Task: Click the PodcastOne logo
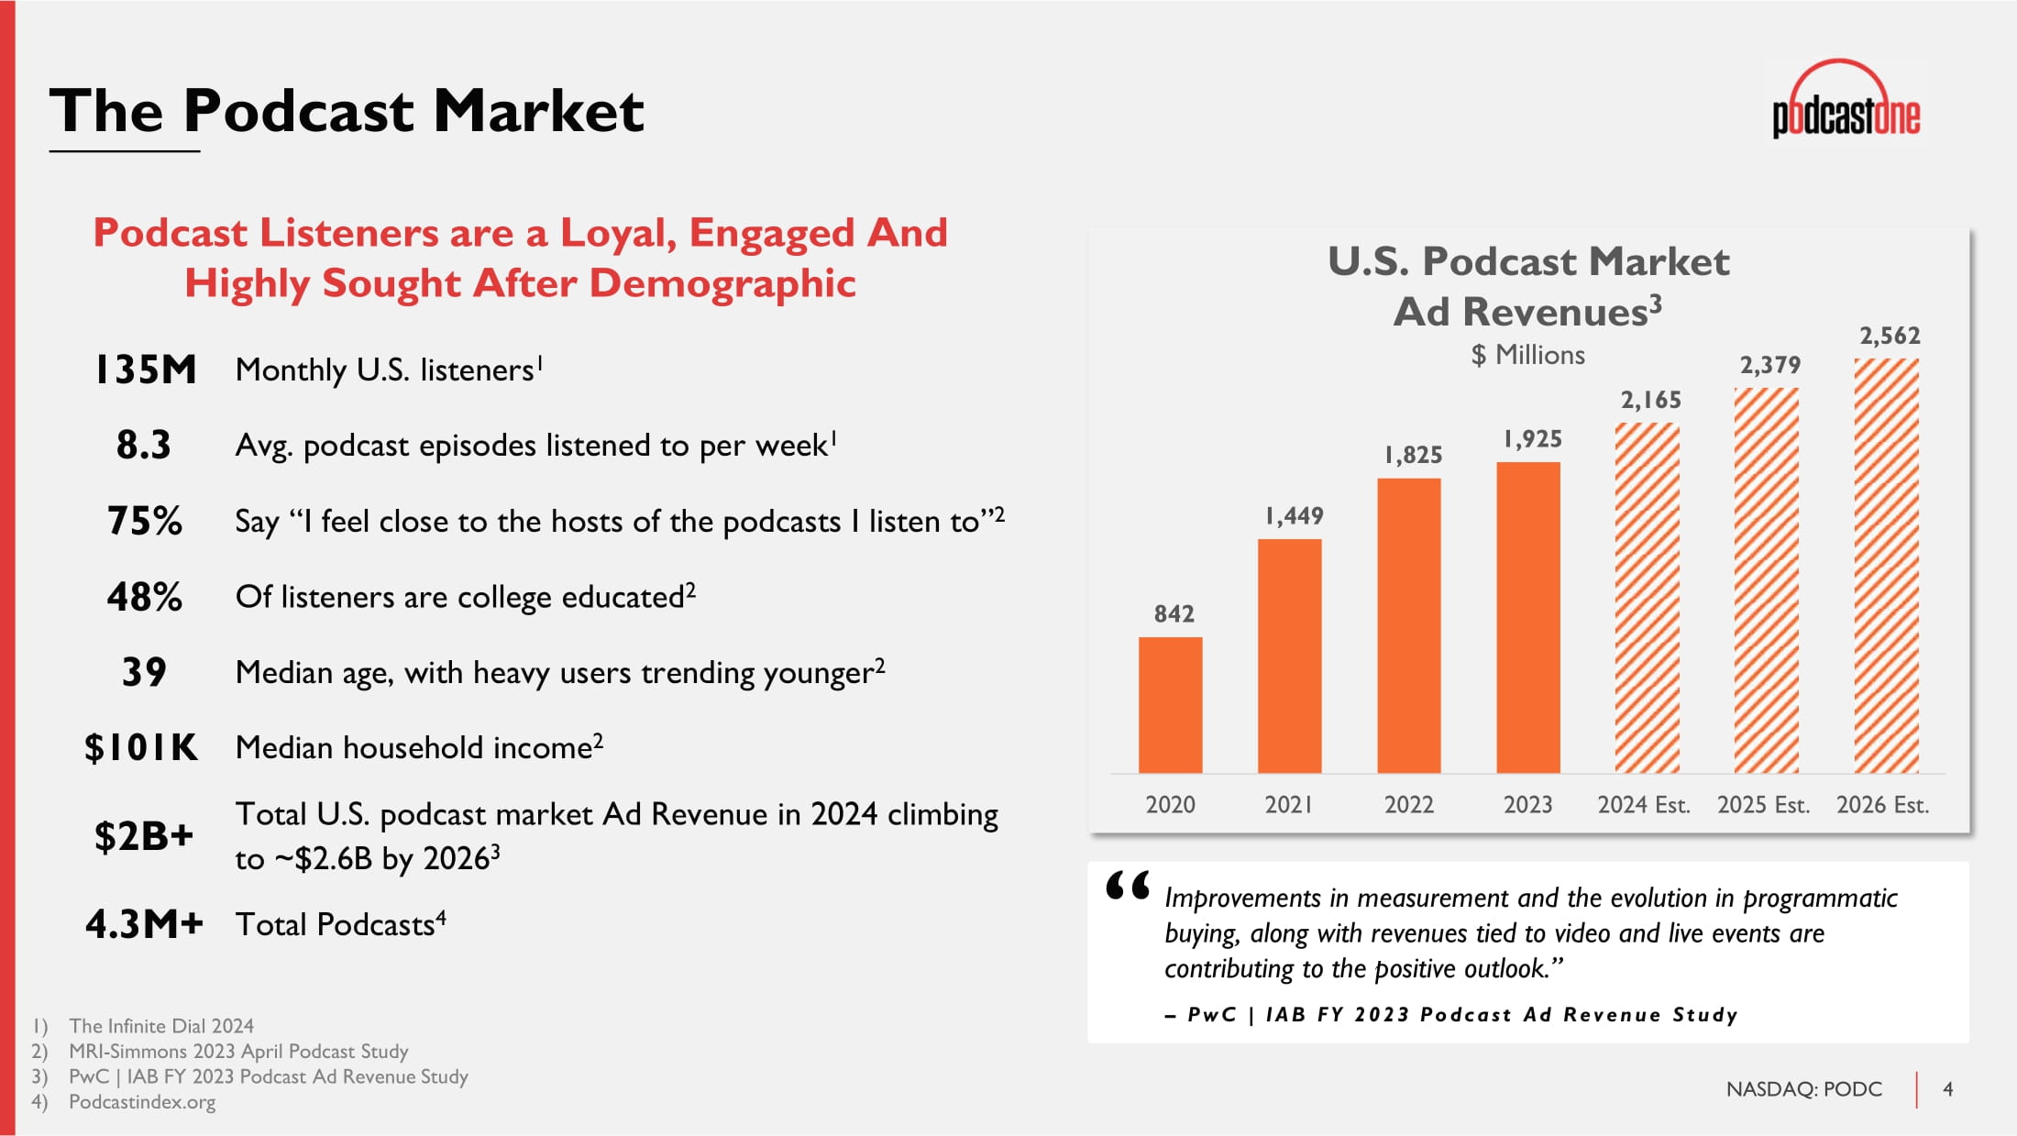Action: [x=1846, y=100]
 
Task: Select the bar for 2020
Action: [x=1170, y=705]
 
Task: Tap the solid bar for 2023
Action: [x=1528, y=617]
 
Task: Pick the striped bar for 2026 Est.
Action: [x=1886, y=566]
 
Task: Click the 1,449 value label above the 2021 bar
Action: [x=1294, y=515]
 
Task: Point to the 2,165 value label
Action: [x=1650, y=400]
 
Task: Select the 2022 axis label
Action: [x=1408, y=804]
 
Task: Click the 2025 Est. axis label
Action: [x=1763, y=804]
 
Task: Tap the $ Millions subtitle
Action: [x=1527, y=355]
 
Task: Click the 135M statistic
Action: [x=146, y=369]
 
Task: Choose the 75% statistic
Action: [x=145, y=521]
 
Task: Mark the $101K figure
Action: [x=141, y=747]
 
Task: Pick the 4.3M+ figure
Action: [x=144, y=924]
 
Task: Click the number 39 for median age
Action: [x=144, y=672]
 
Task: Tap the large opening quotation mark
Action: [x=1127, y=886]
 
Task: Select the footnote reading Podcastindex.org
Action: [x=142, y=1101]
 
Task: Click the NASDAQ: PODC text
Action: [x=1803, y=1088]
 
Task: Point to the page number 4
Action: [x=1948, y=1088]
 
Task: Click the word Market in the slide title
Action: [x=538, y=111]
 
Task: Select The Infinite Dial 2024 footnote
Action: [x=161, y=1026]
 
